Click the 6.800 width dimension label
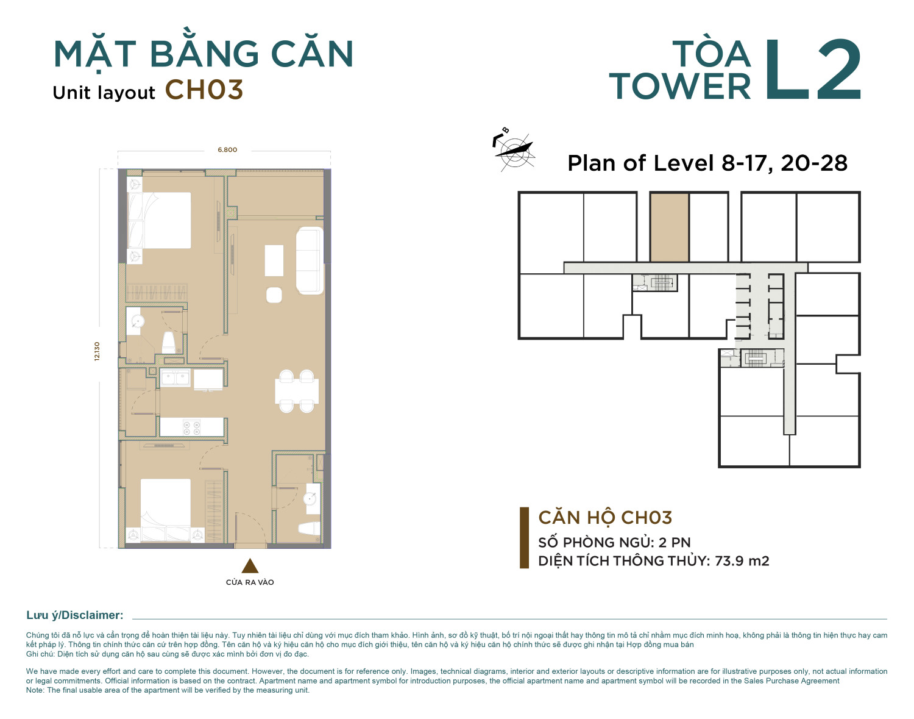(227, 150)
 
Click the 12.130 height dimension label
(97, 351)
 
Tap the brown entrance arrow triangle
(250, 566)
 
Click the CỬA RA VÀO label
(250, 582)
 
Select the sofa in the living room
(310, 260)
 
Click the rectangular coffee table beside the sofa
(274, 260)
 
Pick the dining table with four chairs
(297, 392)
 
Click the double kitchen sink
(175, 377)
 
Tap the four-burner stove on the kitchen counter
(191, 427)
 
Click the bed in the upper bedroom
(159, 220)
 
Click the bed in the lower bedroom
(165, 510)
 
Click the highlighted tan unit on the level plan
(669, 227)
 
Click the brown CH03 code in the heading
(204, 90)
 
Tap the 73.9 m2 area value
(742, 560)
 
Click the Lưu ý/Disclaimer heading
(75, 615)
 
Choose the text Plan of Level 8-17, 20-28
(707, 163)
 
